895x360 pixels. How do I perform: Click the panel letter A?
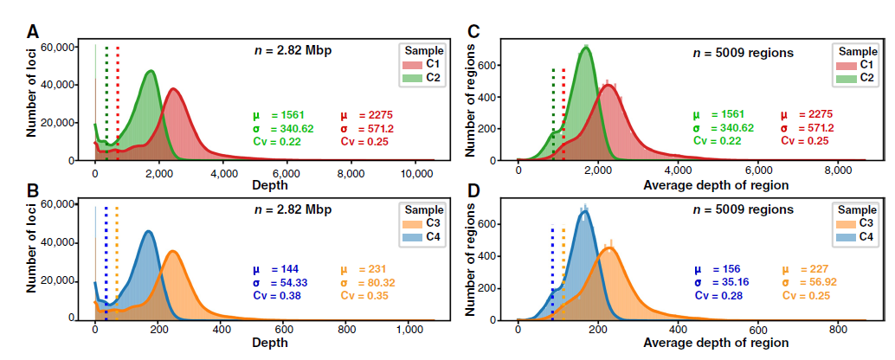pyautogui.click(x=33, y=34)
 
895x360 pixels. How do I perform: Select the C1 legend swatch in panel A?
pyautogui.click(x=411, y=65)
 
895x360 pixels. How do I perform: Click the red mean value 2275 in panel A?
pyautogui.click(x=382, y=115)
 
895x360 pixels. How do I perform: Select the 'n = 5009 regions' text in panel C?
pyautogui.click(x=744, y=53)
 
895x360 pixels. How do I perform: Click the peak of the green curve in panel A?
pyautogui.click(x=151, y=71)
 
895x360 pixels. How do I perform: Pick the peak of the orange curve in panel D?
pyautogui.click(x=608, y=248)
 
